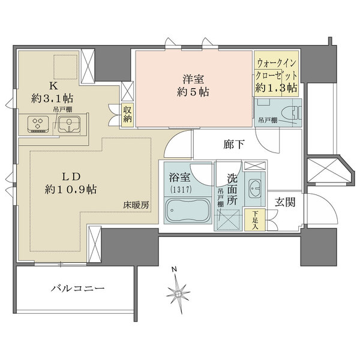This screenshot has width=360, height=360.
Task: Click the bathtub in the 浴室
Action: click(x=185, y=212)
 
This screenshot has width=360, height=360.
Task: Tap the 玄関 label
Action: click(x=285, y=202)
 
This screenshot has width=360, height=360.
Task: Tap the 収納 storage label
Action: click(x=128, y=113)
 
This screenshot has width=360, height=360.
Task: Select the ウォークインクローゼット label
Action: click(x=277, y=68)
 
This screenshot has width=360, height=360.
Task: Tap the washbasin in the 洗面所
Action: click(x=254, y=187)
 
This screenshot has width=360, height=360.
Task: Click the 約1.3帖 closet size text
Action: click(x=277, y=88)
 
